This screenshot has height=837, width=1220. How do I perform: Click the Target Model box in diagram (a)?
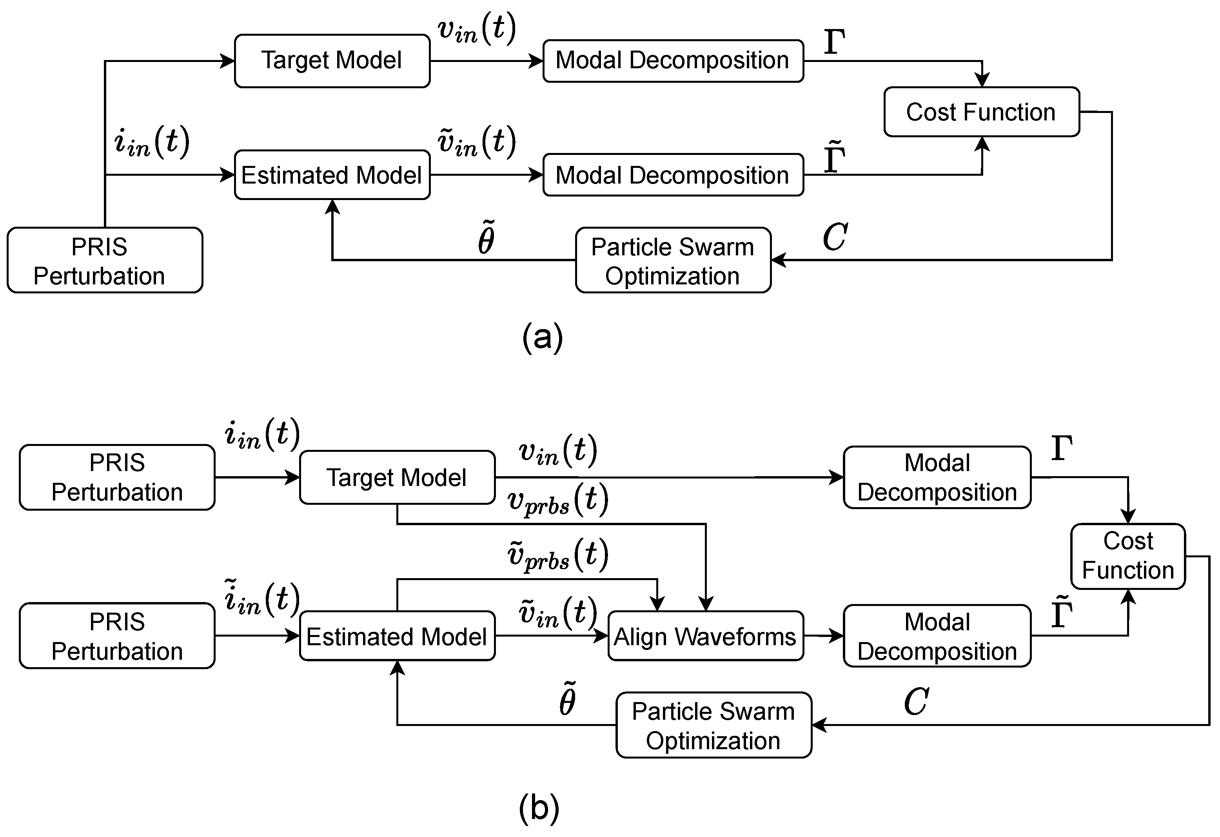tap(332, 61)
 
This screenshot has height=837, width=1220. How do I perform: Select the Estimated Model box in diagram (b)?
tap(397, 636)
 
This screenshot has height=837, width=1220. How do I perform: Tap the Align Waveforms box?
tap(705, 636)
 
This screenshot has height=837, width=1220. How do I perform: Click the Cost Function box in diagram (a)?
tap(981, 112)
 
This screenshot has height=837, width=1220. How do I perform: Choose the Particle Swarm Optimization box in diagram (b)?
tap(713, 725)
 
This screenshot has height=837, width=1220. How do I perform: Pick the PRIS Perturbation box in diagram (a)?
tap(104, 260)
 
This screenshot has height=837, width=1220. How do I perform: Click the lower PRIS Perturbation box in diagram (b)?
tap(117, 636)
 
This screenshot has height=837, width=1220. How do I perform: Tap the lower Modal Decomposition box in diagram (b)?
tap(937, 636)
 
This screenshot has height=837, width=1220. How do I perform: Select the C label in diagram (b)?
tap(916, 702)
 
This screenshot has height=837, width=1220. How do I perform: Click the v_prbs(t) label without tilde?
tap(558, 500)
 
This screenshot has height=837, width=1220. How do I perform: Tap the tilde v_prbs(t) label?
tap(558, 555)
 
